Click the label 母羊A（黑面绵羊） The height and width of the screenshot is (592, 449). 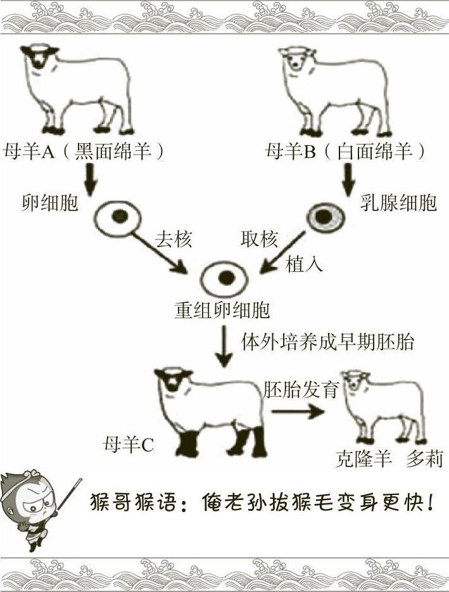click(87, 153)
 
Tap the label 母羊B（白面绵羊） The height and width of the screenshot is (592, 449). click(345, 153)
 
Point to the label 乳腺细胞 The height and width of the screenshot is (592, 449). click(399, 204)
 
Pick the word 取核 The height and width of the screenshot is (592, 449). click(259, 240)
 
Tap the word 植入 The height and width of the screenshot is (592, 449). click(305, 263)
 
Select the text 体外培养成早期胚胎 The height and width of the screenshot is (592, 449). click(328, 342)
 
